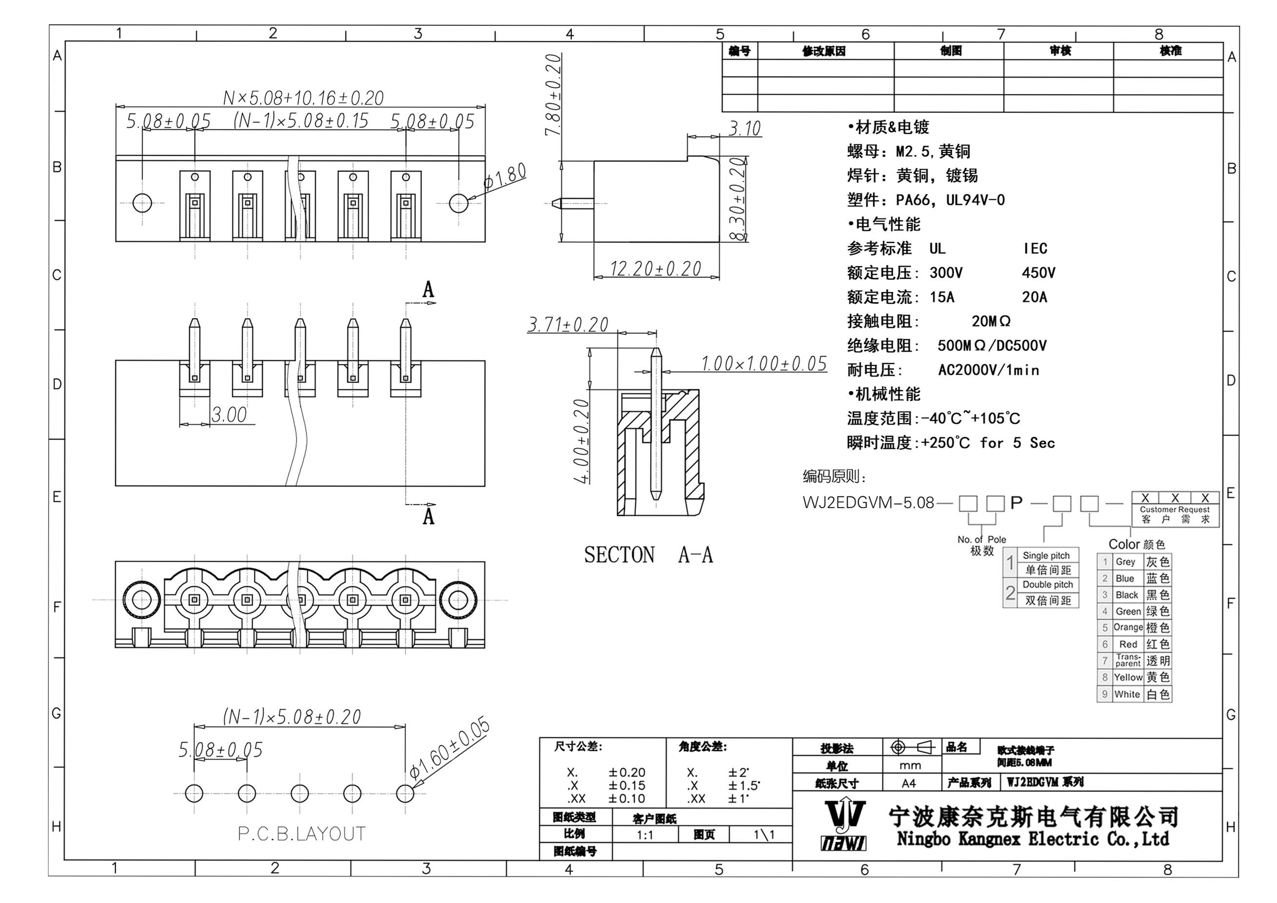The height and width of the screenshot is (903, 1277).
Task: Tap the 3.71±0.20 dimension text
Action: point(568,325)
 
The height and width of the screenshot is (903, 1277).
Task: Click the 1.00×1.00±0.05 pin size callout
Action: point(764,364)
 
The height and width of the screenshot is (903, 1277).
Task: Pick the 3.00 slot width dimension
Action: point(229,415)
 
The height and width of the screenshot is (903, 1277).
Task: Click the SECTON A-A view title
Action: point(648,555)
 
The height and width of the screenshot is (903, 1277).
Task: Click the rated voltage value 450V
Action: point(1038,273)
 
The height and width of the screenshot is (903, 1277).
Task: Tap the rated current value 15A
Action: point(942,297)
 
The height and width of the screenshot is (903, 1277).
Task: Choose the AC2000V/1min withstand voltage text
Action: point(988,371)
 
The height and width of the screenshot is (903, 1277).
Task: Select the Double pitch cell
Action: point(1048,585)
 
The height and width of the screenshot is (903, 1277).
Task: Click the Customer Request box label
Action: point(1175,510)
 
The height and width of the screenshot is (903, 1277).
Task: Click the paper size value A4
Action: point(908,784)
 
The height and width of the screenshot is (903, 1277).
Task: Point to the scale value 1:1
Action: point(645,835)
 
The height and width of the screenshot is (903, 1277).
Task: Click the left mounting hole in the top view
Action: point(142,203)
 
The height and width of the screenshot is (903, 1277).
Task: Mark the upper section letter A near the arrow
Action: point(428,290)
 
